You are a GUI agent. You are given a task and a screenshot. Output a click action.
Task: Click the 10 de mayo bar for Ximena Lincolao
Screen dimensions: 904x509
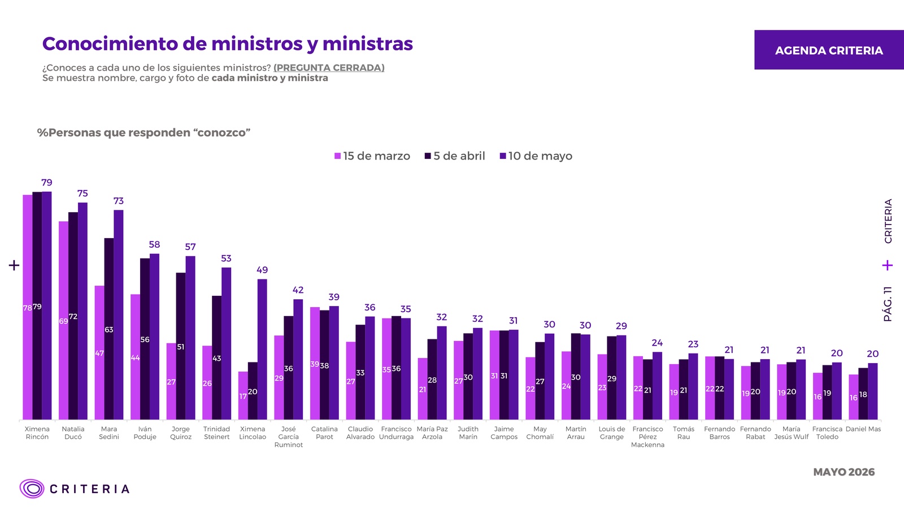click(262, 349)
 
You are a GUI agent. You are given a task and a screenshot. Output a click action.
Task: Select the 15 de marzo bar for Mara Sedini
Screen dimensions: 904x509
click(99, 353)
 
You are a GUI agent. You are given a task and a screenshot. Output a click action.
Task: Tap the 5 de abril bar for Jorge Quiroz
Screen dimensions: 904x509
click(181, 346)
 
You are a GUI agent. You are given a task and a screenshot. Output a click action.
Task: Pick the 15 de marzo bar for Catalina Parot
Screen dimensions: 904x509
click(315, 363)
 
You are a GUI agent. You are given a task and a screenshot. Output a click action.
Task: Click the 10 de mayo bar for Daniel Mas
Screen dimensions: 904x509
click(873, 391)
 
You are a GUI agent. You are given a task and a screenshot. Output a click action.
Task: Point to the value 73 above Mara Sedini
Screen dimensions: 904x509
click(118, 201)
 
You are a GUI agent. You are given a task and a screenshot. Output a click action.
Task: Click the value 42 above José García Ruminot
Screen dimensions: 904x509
click(298, 290)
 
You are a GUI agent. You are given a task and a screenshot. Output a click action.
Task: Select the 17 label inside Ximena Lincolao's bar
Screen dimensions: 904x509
click(243, 396)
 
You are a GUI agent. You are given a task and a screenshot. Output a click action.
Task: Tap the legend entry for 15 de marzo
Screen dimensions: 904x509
click(372, 156)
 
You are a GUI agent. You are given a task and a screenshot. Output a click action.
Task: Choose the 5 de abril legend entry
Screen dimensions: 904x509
click(455, 156)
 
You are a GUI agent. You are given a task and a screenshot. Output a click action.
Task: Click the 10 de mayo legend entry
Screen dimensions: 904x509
click(536, 156)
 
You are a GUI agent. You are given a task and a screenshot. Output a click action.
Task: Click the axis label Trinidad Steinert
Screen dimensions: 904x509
click(217, 433)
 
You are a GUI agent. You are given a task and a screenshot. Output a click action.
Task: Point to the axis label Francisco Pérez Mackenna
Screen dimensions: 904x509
click(647, 437)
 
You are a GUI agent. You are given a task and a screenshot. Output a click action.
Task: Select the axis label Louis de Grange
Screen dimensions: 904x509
click(612, 433)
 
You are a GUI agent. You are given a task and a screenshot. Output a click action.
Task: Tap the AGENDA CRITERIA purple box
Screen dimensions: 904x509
click(829, 50)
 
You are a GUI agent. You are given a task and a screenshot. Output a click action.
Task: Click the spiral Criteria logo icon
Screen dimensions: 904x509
click(32, 489)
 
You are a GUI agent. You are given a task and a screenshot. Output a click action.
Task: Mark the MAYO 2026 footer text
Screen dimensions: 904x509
click(844, 472)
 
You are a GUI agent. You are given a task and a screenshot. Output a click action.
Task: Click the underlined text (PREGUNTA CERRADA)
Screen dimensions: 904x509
click(329, 67)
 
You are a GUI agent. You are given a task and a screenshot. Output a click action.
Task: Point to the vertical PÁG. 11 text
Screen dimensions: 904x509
click(888, 304)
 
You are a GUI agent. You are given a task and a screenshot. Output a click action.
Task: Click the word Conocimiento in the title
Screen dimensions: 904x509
click(110, 44)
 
